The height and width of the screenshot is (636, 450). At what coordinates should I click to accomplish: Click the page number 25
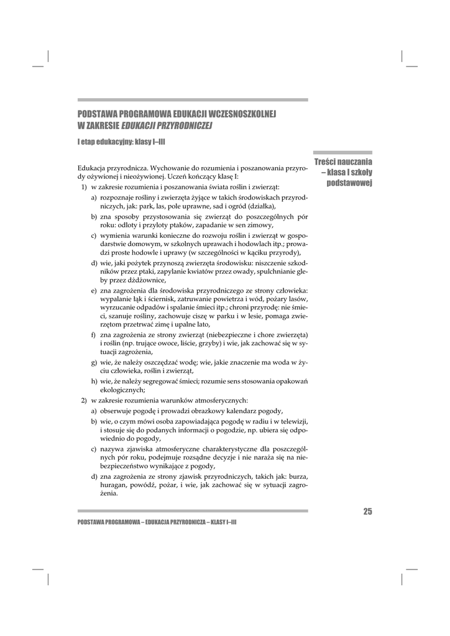(x=367, y=512)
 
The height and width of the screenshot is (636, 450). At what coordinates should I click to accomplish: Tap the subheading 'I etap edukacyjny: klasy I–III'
(x=121, y=142)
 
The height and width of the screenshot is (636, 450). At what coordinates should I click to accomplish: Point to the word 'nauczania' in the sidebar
(x=351, y=162)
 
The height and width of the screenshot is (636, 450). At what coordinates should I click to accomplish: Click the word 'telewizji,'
(x=292, y=420)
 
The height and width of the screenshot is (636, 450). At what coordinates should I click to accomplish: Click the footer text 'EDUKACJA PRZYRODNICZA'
(x=175, y=522)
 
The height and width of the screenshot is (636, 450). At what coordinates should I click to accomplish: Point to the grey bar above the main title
(x=192, y=99)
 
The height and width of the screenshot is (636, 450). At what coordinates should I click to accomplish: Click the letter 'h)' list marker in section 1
(x=94, y=381)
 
